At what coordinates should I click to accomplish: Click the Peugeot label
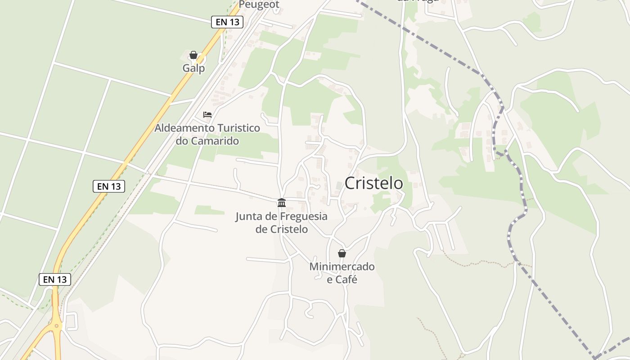point(259,4)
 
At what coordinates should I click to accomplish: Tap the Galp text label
point(193,68)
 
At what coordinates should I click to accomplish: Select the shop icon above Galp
point(193,55)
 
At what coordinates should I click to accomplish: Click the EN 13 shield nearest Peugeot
point(227,22)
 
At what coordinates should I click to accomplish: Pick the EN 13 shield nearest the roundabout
point(55,279)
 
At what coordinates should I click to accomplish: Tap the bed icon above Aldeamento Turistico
point(207,115)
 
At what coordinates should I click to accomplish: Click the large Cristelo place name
point(373,183)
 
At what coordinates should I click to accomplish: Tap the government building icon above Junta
point(282,202)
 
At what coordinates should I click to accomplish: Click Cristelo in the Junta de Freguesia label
point(289,229)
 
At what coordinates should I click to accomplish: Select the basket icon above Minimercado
point(342,253)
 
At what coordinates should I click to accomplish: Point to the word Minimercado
point(342,267)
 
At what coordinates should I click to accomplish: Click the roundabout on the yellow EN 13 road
point(56,326)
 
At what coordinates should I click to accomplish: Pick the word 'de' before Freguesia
point(271,216)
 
